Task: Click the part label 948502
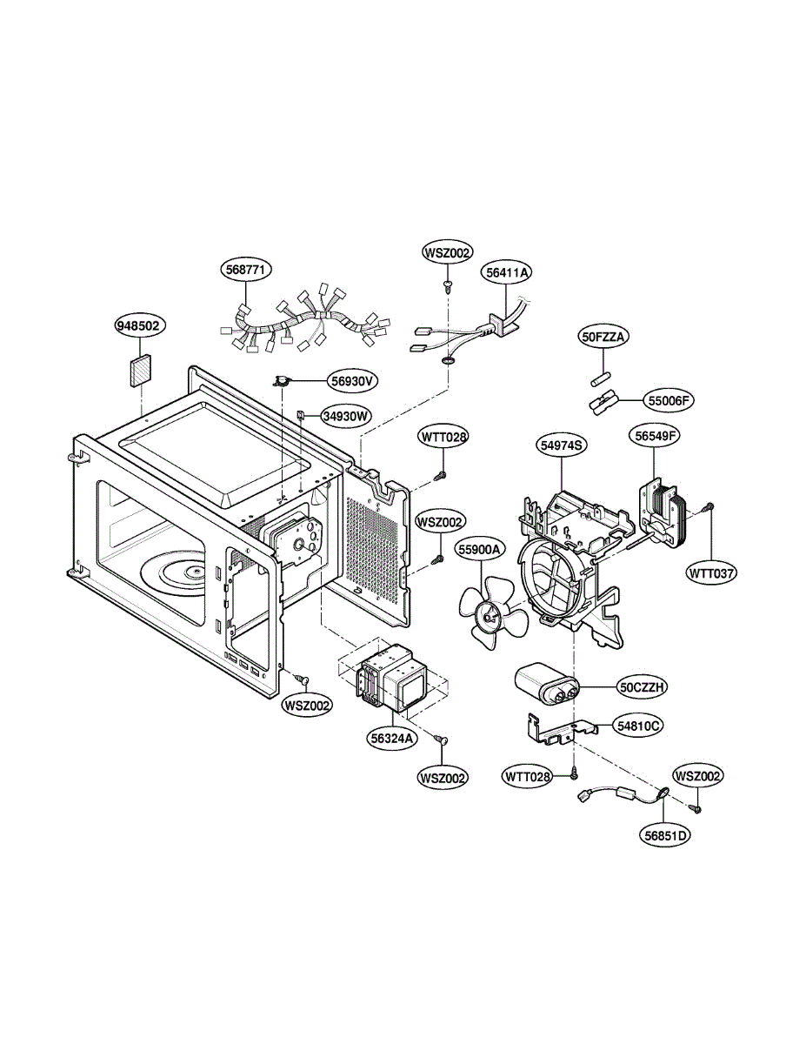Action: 141,326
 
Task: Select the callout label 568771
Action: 245,271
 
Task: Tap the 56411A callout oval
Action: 508,272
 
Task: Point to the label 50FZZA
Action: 605,336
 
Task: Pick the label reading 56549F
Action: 654,436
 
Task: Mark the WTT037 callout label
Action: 711,573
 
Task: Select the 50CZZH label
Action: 643,687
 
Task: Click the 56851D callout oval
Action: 667,835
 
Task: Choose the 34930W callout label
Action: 345,416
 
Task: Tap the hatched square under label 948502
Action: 140,370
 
